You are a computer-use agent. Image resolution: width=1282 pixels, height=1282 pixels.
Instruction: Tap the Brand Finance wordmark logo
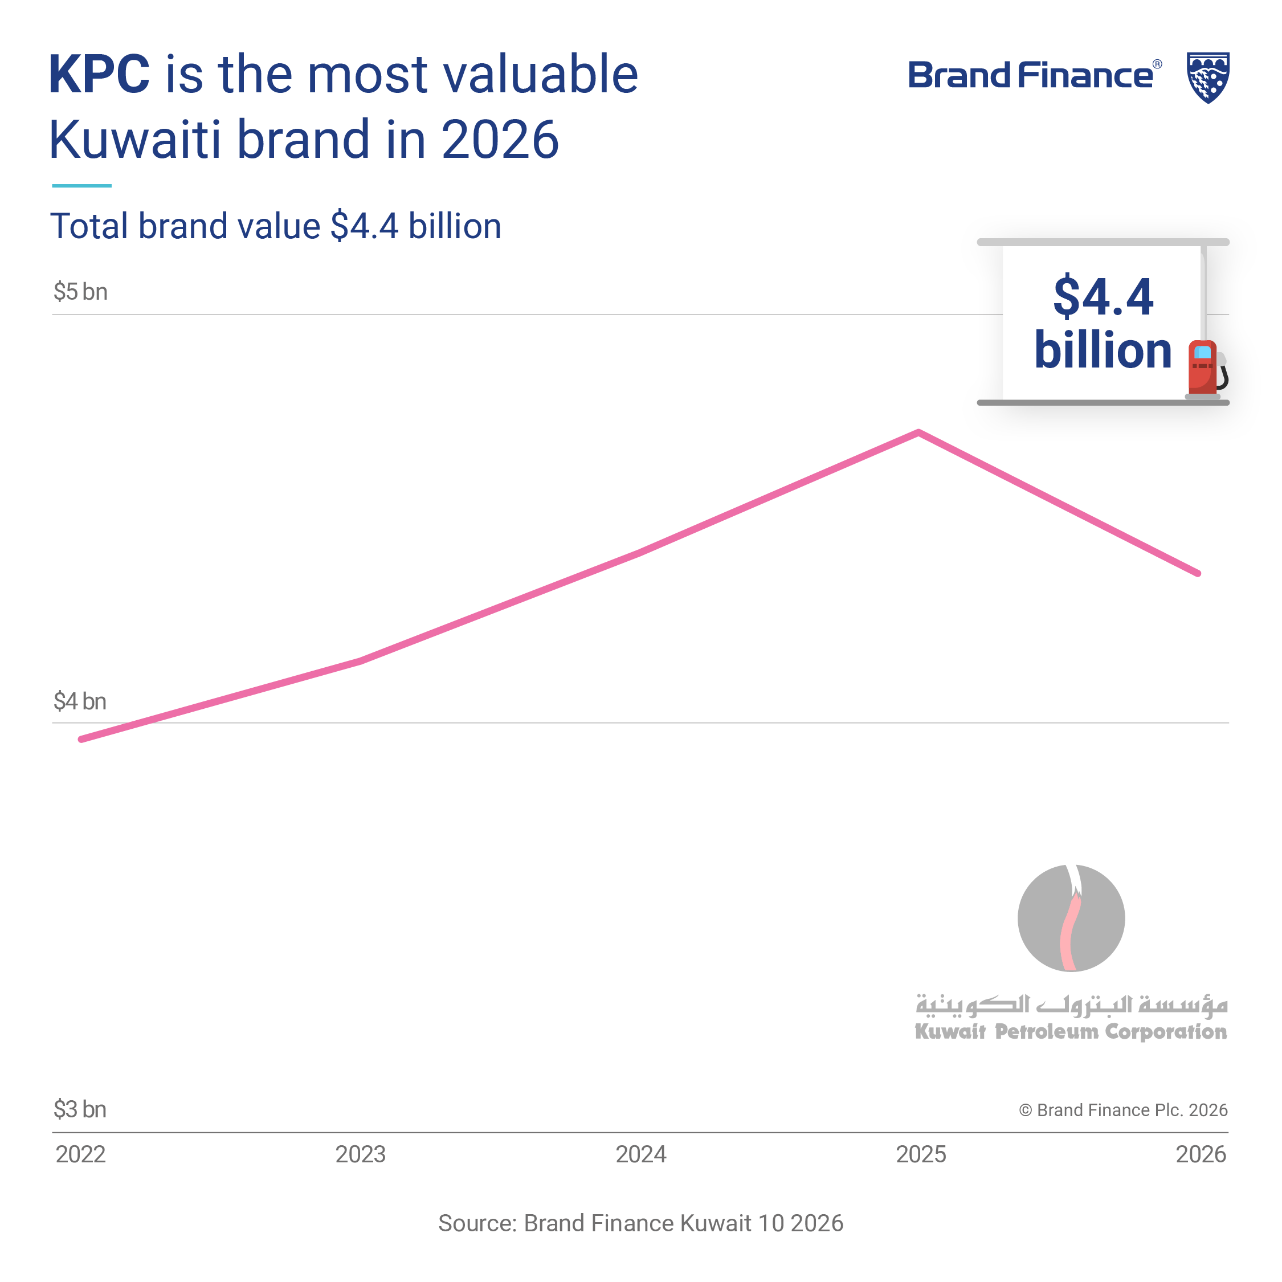[x=1034, y=76]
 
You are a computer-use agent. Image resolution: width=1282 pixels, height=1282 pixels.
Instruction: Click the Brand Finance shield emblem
[x=1208, y=77]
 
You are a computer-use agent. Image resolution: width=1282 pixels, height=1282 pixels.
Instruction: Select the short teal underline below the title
[x=81, y=186]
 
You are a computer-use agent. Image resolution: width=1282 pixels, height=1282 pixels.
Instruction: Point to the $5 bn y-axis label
[x=80, y=292]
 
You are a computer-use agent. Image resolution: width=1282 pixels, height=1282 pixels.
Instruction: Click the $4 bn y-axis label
[x=80, y=701]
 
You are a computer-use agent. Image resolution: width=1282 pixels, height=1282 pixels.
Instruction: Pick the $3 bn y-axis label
[x=80, y=1109]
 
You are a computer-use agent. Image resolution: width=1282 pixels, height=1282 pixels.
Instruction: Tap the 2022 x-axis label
[x=80, y=1154]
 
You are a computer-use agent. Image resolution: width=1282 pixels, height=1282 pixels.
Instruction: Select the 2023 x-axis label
[x=360, y=1154]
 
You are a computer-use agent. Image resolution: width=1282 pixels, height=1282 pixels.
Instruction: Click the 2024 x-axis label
[x=640, y=1154]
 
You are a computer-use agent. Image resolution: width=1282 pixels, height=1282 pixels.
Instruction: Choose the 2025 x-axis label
[x=921, y=1154]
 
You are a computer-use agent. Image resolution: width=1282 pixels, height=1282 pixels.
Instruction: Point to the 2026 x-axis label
[x=1201, y=1154]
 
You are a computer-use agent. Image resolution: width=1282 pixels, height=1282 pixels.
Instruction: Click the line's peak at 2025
[x=918, y=432]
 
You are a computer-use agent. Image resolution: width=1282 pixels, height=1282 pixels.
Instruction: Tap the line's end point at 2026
[x=1198, y=573]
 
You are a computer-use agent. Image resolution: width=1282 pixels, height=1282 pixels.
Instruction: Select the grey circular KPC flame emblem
[x=1071, y=918]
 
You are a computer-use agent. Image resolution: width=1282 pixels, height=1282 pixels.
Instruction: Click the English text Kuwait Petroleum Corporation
[x=1071, y=1032]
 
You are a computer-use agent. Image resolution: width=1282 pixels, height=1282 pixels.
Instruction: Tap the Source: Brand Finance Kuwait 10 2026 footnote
[x=640, y=1223]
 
